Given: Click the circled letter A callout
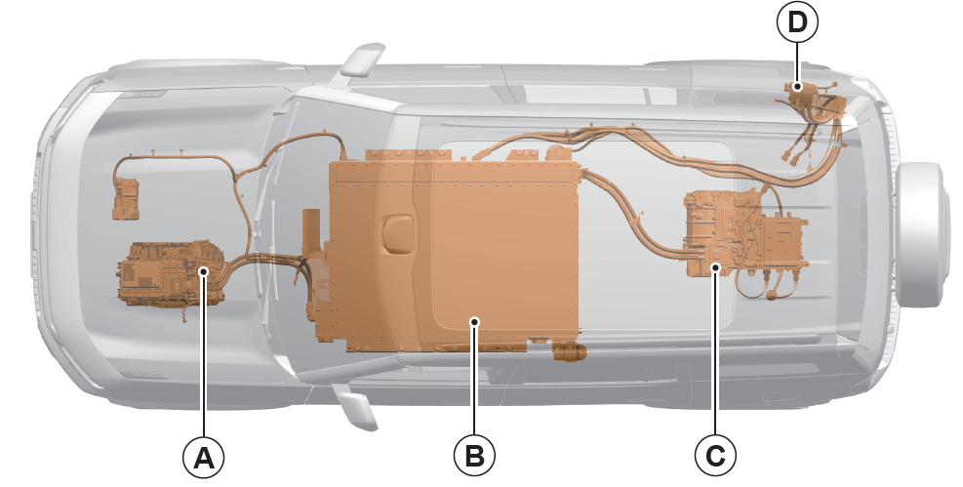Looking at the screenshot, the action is (204, 457).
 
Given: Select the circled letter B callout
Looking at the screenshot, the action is (474, 457).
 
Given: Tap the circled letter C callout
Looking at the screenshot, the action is (715, 457).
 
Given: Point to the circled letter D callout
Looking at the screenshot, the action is (797, 22).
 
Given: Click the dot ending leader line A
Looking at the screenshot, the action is (204, 270).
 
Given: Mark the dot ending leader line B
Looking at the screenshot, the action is (474, 320).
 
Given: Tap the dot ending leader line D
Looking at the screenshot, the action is (797, 87).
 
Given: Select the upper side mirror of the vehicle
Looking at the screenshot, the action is (361, 60).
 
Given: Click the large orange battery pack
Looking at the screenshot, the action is (449, 252).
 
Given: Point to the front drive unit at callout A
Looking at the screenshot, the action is (171, 273).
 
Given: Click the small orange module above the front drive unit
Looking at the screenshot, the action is (127, 198).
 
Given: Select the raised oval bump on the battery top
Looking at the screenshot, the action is (396, 233).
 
